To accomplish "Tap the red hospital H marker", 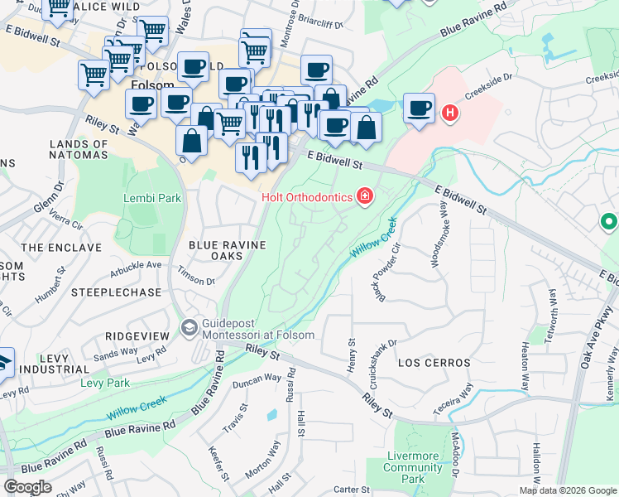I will (x=450, y=113).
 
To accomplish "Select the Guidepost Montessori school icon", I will (x=190, y=329).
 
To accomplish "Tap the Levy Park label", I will (x=105, y=383).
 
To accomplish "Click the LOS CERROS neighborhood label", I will (x=434, y=363).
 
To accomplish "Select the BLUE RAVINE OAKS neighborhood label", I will (x=228, y=250).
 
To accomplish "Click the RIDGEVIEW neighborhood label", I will (x=137, y=335).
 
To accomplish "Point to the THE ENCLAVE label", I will (x=50, y=248).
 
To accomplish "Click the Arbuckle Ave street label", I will (x=137, y=265).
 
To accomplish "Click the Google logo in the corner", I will (x=27, y=487).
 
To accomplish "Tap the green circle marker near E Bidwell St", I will (x=609, y=222).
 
